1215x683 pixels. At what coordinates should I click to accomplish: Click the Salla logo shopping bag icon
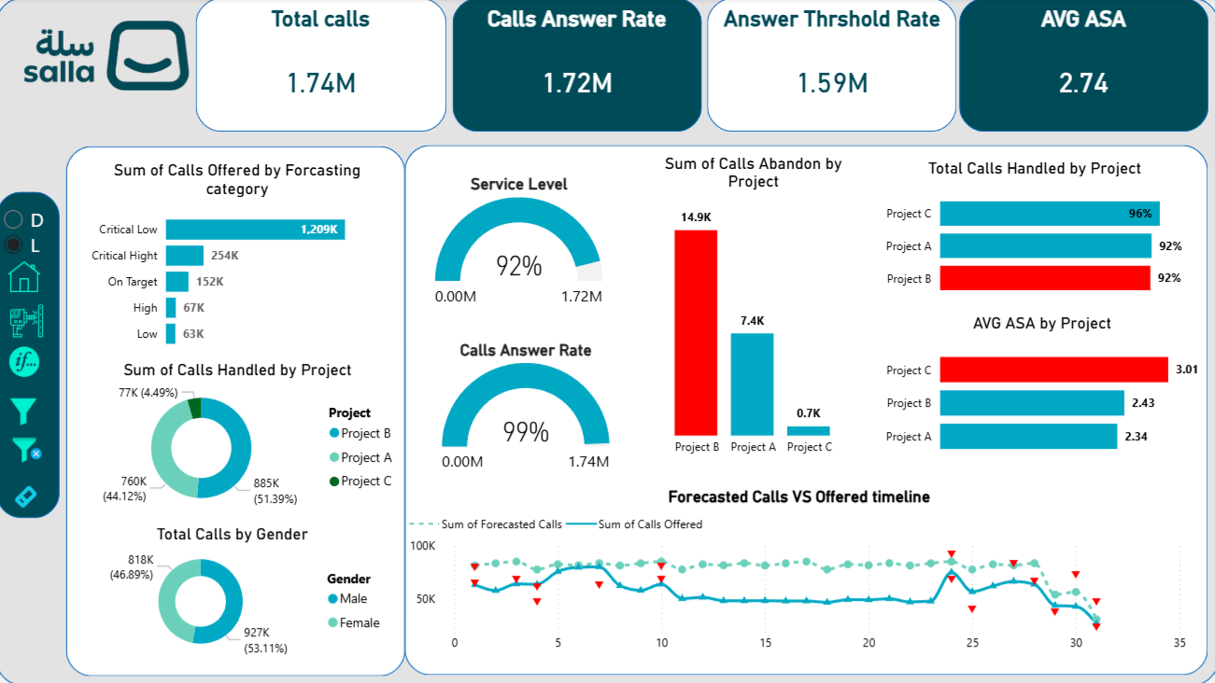[x=148, y=56]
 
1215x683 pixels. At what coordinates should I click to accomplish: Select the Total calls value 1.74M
[x=320, y=83]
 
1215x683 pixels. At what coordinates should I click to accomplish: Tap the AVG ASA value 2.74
[x=1083, y=83]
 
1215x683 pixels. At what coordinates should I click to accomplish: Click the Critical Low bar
[x=255, y=230]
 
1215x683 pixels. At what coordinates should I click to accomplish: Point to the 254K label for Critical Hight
[x=224, y=256]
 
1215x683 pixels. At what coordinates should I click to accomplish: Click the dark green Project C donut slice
[x=195, y=408]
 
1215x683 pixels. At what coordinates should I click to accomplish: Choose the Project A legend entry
[x=366, y=457]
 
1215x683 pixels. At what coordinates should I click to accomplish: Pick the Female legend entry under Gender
[x=360, y=622]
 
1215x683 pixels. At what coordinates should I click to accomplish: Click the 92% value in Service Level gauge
[x=518, y=266]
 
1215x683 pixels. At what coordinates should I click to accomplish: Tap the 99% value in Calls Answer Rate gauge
[x=525, y=432]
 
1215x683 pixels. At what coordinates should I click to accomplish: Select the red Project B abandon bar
[x=696, y=332]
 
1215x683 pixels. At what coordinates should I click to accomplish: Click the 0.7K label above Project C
[x=808, y=412]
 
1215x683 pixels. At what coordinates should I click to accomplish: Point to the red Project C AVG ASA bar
[x=1053, y=369]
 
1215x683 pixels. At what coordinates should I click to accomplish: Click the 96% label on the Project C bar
[x=1139, y=214]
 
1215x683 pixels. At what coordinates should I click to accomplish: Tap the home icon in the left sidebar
[x=24, y=277]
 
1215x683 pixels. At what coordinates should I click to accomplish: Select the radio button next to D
[x=14, y=220]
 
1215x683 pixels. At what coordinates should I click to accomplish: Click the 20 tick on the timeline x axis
[x=869, y=643]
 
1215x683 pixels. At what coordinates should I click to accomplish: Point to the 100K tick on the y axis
[x=423, y=545]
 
